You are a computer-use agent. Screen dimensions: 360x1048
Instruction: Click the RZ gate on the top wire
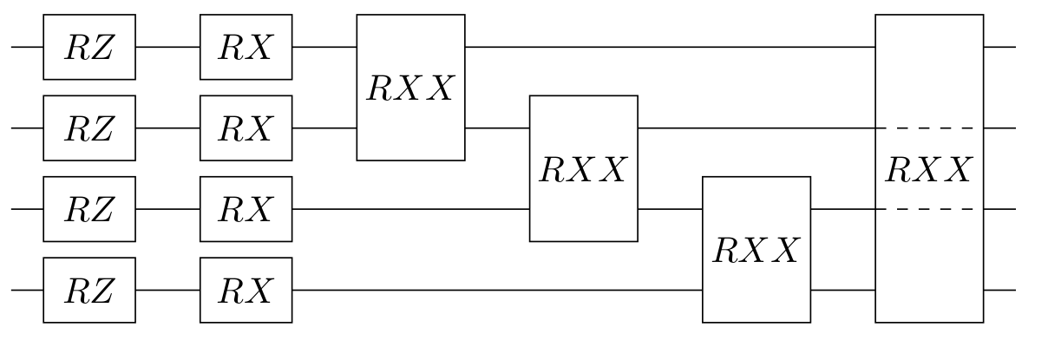[x=89, y=47]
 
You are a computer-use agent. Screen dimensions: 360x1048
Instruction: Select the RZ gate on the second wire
[x=89, y=128]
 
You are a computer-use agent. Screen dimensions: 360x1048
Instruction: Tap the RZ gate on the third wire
[x=89, y=209]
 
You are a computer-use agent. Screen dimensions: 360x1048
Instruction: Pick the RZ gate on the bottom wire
[x=89, y=290]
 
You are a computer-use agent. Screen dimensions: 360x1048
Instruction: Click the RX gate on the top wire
[x=246, y=47]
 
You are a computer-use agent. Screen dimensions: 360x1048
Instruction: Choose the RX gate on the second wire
[x=246, y=128]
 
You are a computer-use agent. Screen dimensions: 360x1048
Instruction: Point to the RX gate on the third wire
[x=246, y=209]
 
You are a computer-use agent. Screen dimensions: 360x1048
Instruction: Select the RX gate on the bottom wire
[x=246, y=290]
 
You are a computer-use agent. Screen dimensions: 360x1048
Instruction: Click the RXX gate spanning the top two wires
[x=410, y=88]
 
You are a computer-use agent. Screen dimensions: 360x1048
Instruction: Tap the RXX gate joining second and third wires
[x=583, y=168]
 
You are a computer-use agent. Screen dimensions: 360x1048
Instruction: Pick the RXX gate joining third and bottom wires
[x=756, y=250]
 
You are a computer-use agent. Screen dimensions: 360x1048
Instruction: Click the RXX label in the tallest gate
[x=928, y=169]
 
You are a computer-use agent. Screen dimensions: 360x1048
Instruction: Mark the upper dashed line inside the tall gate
[x=928, y=128]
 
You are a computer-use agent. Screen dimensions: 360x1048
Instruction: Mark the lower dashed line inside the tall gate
[x=928, y=209]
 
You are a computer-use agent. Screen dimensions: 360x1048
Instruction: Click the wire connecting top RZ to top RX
[x=167, y=47]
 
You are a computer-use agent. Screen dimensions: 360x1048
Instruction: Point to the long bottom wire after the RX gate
[x=495, y=290]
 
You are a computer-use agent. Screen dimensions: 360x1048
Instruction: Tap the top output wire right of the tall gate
[x=999, y=47]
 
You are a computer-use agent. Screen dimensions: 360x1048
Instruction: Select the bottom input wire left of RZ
[x=27, y=290]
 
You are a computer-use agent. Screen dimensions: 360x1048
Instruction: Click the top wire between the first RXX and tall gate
[x=668, y=47]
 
